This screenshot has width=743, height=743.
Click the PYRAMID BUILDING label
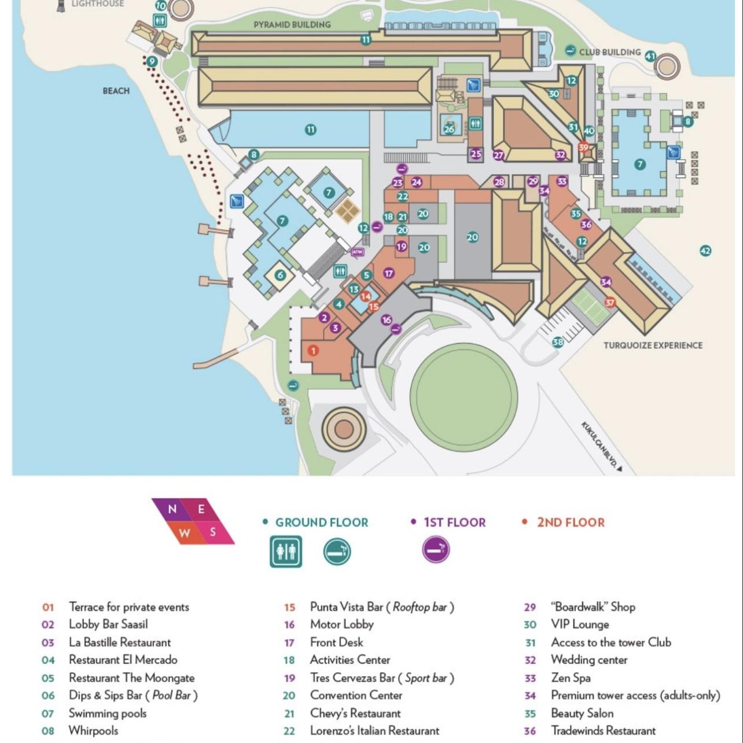pyautogui.click(x=292, y=24)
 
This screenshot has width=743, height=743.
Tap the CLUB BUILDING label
pyautogui.click(x=610, y=52)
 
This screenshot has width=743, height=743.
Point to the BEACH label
pyautogui.click(x=116, y=91)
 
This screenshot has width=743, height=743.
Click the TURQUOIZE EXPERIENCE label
pyautogui.click(x=653, y=345)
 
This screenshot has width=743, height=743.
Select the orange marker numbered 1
pyautogui.click(x=313, y=350)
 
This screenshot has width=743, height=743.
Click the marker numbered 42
pyautogui.click(x=705, y=251)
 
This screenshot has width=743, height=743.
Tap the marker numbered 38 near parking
pyautogui.click(x=557, y=342)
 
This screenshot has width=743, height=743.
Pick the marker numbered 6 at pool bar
pyautogui.click(x=281, y=275)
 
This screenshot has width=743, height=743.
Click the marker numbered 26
pyautogui.click(x=450, y=129)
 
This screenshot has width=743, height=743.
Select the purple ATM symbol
pyautogui.click(x=357, y=252)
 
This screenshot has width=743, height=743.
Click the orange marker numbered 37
pyautogui.click(x=610, y=302)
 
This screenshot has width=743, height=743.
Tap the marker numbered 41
pyautogui.click(x=650, y=56)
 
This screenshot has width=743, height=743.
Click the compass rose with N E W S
pyautogui.click(x=193, y=521)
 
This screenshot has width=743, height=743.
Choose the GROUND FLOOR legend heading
pyautogui.click(x=321, y=523)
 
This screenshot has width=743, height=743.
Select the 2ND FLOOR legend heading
pyautogui.click(x=570, y=523)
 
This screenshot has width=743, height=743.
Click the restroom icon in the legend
pyautogui.click(x=285, y=551)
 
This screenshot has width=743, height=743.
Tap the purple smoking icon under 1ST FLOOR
pyautogui.click(x=436, y=549)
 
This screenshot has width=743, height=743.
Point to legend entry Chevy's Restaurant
pyautogui.click(x=355, y=713)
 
